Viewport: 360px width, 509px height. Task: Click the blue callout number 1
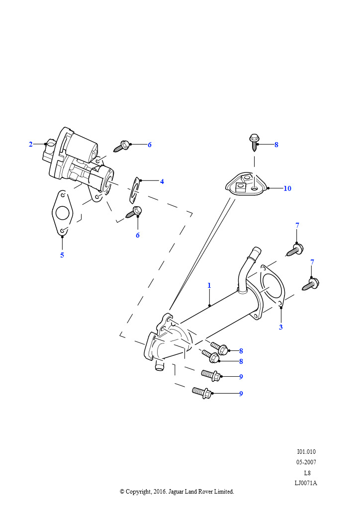click(x=209, y=285)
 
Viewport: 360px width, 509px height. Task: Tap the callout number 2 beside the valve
click(x=30, y=144)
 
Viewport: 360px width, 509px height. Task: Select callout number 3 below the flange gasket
click(x=281, y=327)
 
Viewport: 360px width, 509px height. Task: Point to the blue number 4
click(x=162, y=181)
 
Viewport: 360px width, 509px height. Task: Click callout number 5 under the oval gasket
click(x=62, y=255)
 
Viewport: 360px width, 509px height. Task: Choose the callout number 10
click(x=287, y=188)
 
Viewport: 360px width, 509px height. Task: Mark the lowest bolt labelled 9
click(x=202, y=392)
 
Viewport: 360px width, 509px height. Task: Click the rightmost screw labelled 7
click(x=311, y=284)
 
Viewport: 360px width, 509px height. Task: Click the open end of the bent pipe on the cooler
click(x=257, y=251)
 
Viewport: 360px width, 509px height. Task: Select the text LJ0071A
click(x=306, y=483)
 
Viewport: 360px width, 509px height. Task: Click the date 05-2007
click(x=306, y=462)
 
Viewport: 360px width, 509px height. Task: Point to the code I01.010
click(x=306, y=451)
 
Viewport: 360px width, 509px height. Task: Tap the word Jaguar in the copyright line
click(x=176, y=492)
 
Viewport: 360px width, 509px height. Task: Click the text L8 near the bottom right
click(x=307, y=473)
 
